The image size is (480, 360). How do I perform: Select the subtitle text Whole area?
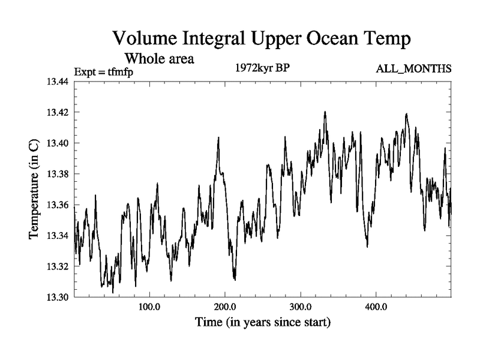160,59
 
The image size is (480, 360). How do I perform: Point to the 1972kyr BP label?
262,68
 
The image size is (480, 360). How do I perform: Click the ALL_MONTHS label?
413,70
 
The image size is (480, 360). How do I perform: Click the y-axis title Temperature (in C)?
34,190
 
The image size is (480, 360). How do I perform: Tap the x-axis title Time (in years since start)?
263,323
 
